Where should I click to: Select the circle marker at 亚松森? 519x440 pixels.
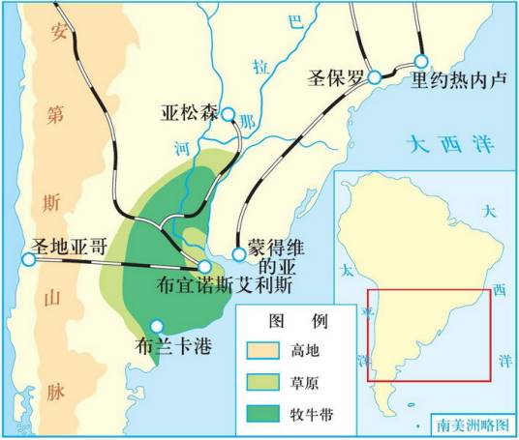(228, 115)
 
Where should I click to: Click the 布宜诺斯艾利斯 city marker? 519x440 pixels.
(204, 266)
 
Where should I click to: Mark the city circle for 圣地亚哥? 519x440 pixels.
(27, 258)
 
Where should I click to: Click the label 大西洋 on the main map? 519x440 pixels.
(450, 148)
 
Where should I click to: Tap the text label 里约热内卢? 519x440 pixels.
(459, 80)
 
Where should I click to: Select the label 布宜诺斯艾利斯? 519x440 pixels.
(226, 287)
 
